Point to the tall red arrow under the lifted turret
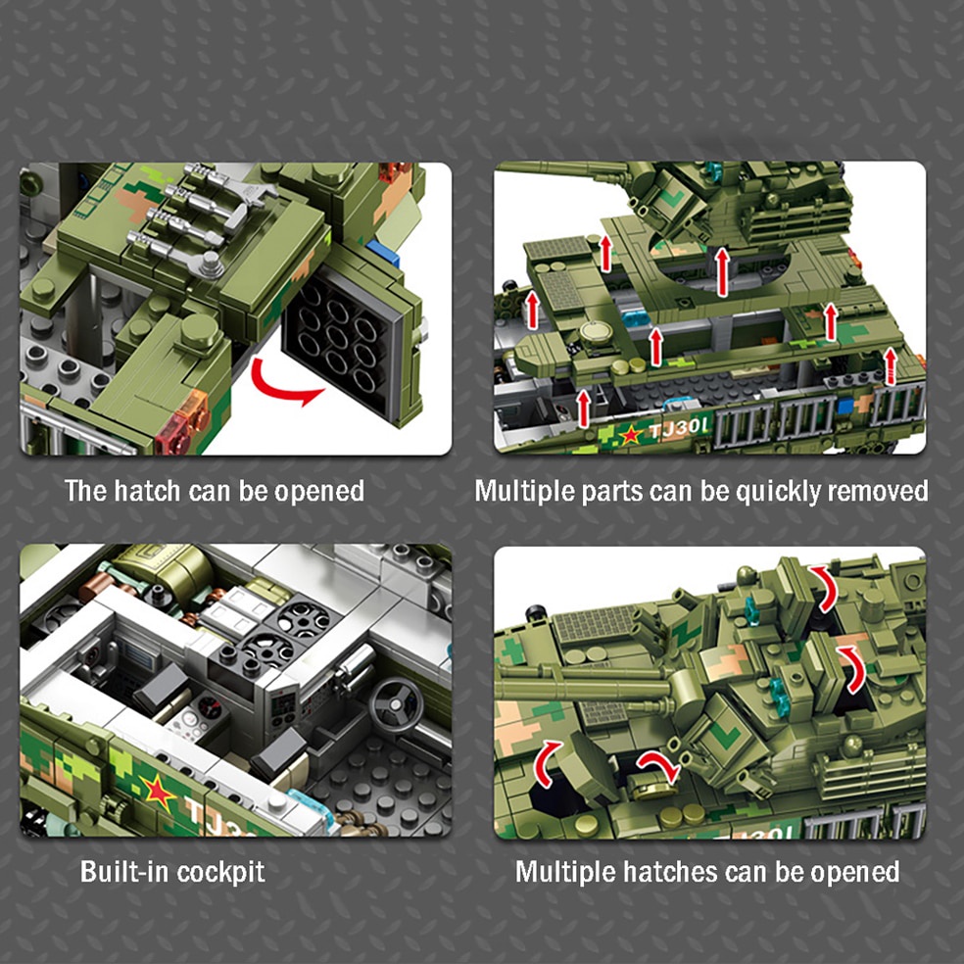[x=722, y=271]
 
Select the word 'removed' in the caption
[x=878, y=490]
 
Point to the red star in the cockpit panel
[x=158, y=791]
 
